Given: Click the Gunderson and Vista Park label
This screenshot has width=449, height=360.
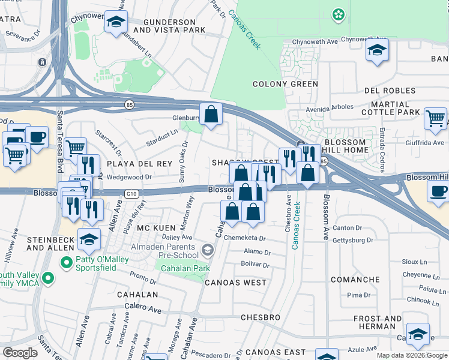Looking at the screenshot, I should click(164, 25).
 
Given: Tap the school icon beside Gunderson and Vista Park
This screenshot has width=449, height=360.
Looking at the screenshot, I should click(116, 24).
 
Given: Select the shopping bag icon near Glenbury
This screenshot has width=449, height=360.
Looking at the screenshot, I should click(211, 114).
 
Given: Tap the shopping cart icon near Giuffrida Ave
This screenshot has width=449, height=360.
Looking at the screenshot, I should click(435, 118).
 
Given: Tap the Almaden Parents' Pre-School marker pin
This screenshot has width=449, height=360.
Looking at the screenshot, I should click(207, 249).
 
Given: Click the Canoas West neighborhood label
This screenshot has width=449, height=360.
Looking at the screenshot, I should click(235, 282).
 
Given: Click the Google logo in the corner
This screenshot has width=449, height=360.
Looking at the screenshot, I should click(20, 353).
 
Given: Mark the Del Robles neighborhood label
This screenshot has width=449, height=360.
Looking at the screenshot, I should click(391, 91).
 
